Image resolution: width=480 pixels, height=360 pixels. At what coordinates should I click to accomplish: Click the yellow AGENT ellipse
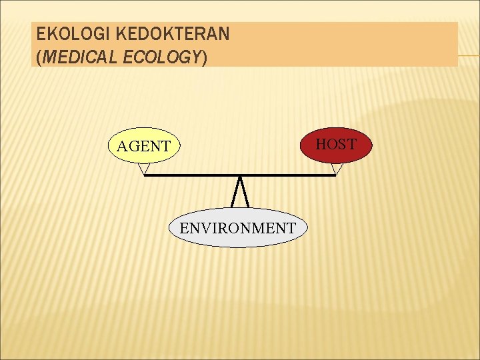pyautogui.click(x=144, y=145)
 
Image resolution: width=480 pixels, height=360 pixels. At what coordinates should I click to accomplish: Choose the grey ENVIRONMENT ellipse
pyautogui.click(x=237, y=228)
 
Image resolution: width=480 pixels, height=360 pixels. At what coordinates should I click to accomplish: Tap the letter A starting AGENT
pyautogui.click(x=122, y=146)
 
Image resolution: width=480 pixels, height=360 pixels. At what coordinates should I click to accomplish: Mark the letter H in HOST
pyautogui.click(x=321, y=144)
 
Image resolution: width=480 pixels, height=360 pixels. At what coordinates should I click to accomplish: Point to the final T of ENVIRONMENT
pyautogui.click(x=291, y=228)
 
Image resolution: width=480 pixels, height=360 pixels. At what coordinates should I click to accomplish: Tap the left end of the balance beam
pyautogui.click(x=146, y=175)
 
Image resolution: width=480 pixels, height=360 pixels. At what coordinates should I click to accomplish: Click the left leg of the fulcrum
pyautogui.click(x=235, y=193)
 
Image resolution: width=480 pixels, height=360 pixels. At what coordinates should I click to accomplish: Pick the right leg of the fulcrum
pyautogui.click(x=245, y=193)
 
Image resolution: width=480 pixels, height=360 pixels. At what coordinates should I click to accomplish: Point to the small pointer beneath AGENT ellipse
pyautogui.click(x=143, y=169)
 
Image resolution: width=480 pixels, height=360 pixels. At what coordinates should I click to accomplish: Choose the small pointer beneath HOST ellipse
pyautogui.click(x=337, y=168)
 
